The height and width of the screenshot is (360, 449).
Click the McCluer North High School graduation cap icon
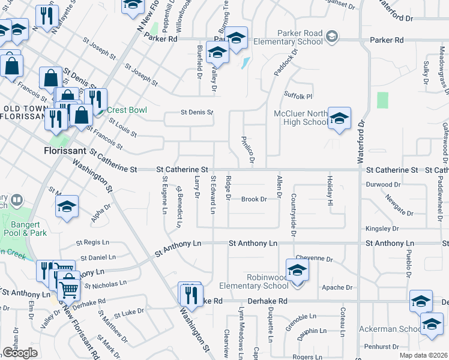339,119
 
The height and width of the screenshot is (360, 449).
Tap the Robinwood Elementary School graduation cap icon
297,270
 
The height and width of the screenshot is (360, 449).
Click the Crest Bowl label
124,110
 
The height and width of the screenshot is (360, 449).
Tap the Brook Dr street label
253,199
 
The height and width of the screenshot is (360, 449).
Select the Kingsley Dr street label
382,229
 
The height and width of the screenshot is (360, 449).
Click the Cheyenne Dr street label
314,259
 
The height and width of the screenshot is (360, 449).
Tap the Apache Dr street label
337,287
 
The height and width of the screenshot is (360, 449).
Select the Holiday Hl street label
330,191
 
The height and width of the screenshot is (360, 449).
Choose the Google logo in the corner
20,353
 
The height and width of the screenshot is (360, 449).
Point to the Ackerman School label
390,329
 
